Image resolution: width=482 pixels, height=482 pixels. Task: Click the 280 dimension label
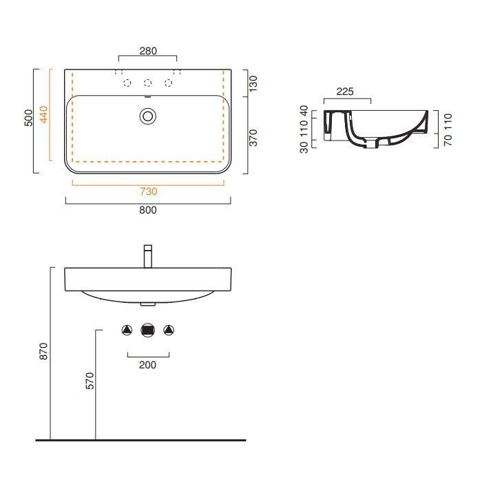(148, 51)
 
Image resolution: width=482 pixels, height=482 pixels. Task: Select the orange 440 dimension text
(44, 114)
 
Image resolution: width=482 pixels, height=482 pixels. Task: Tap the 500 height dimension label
(28, 118)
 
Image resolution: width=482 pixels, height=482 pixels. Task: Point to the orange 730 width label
(149, 191)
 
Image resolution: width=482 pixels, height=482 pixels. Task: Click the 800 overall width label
(148, 210)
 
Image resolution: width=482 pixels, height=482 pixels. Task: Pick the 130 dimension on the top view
(253, 83)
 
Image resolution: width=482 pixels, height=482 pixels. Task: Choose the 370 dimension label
(253, 138)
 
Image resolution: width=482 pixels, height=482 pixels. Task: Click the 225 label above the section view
(345, 92)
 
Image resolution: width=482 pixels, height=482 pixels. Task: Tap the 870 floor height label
(43, 351)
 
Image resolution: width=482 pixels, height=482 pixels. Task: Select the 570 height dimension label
(90, 381)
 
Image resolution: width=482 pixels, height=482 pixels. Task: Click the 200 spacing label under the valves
(147, 365)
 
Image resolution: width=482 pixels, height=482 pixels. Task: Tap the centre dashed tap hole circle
(148, 83)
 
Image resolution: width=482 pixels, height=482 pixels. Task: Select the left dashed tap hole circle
(127, 83)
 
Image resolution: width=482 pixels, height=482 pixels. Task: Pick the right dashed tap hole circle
(169, 83)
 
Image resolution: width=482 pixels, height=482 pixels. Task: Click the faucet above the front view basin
(148, 256)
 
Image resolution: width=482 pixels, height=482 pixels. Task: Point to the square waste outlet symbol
(148, 330)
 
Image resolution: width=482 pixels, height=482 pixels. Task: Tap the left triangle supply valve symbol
(127, 330)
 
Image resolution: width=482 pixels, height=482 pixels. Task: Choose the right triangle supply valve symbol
(169, 330)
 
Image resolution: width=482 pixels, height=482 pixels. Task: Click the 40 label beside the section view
(304, 111)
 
